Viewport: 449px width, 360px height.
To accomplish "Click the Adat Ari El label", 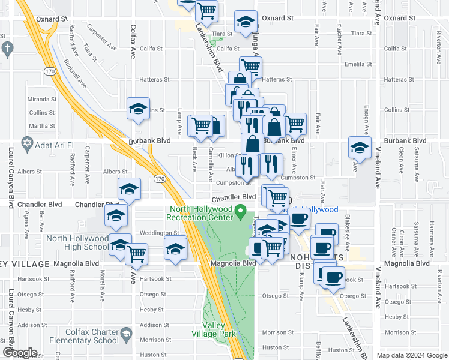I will coord(53,145).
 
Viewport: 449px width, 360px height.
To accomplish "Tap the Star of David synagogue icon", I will coord(26,144).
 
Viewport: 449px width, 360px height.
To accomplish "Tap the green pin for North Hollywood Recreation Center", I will coord(241,210).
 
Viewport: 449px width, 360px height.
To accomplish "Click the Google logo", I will coord(19,353).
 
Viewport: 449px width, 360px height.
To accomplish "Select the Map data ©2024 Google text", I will coord(411,355).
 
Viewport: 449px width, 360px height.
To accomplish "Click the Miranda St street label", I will coord(42,99).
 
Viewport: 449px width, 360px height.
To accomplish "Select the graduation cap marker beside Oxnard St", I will coord(245,22).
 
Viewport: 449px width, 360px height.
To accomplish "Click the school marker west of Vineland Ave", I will coord(360,148).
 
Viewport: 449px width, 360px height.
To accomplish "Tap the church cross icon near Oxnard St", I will coord(7,47).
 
